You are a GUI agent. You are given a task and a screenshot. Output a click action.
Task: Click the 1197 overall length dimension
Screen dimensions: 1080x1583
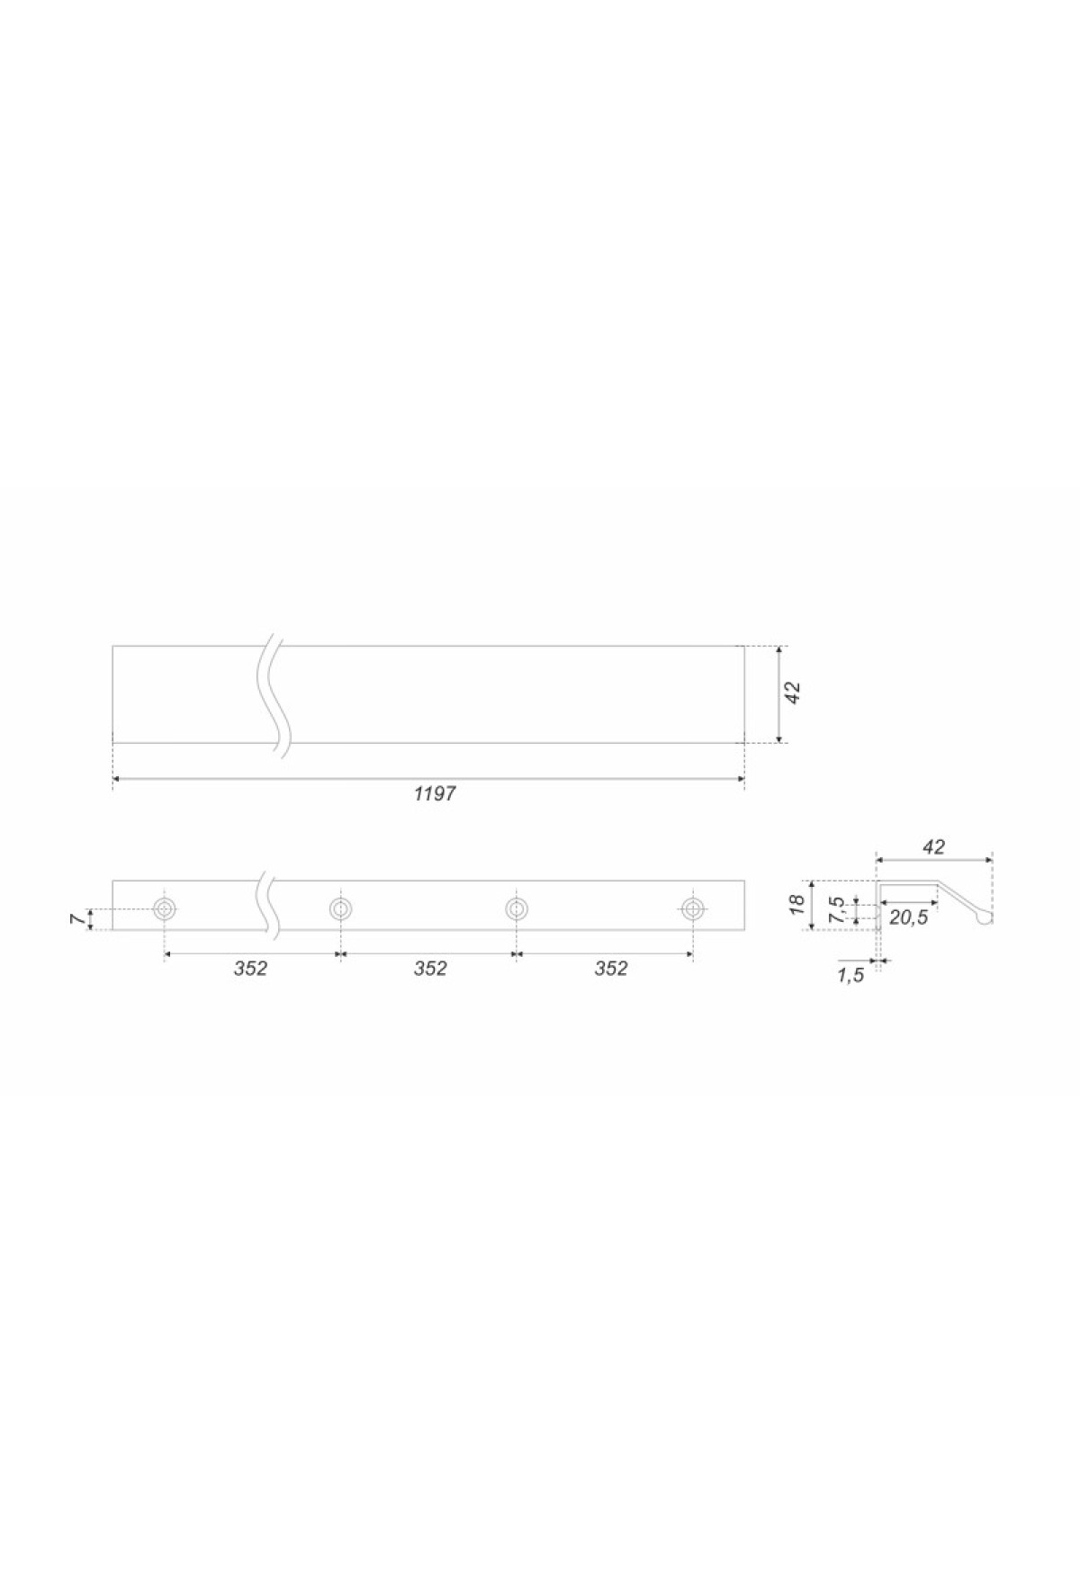435,793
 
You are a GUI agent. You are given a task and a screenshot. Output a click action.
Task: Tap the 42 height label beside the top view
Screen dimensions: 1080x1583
793,693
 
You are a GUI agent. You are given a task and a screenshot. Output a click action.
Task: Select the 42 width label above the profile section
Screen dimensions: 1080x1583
934,846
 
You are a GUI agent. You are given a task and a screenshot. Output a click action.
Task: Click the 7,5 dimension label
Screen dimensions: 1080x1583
837,909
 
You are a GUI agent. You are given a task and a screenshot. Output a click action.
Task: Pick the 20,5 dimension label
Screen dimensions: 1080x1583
907,918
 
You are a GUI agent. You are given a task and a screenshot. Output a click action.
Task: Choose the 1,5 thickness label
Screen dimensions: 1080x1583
850,975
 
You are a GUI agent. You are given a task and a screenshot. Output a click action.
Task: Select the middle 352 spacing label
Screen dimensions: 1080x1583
430,969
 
